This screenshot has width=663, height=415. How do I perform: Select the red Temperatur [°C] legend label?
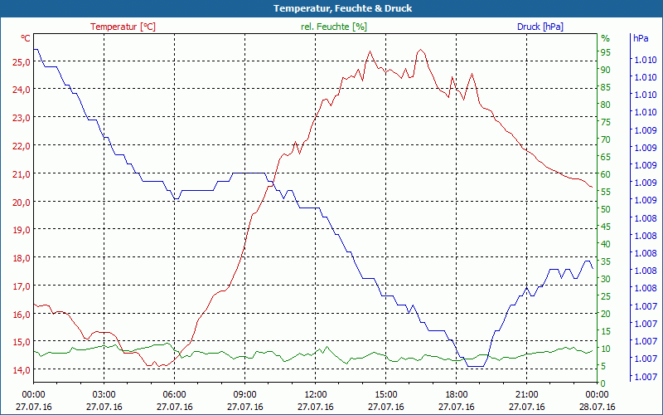[x=123, y=27]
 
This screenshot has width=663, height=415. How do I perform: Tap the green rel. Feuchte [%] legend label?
[x=334, y=27]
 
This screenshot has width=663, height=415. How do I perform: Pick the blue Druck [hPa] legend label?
[x=540, y=27]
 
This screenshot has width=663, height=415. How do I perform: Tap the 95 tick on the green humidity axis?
[x=606, y=52]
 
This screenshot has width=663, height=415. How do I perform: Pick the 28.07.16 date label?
[x=597, y=407]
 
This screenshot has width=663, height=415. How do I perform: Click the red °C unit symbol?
[x=26, y=38]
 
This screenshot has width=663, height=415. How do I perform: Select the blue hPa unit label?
[x=640, y=38]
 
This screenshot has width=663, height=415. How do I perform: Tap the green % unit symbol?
[x=605, y=38]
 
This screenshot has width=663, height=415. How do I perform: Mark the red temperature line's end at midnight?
[x=592, y=187]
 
